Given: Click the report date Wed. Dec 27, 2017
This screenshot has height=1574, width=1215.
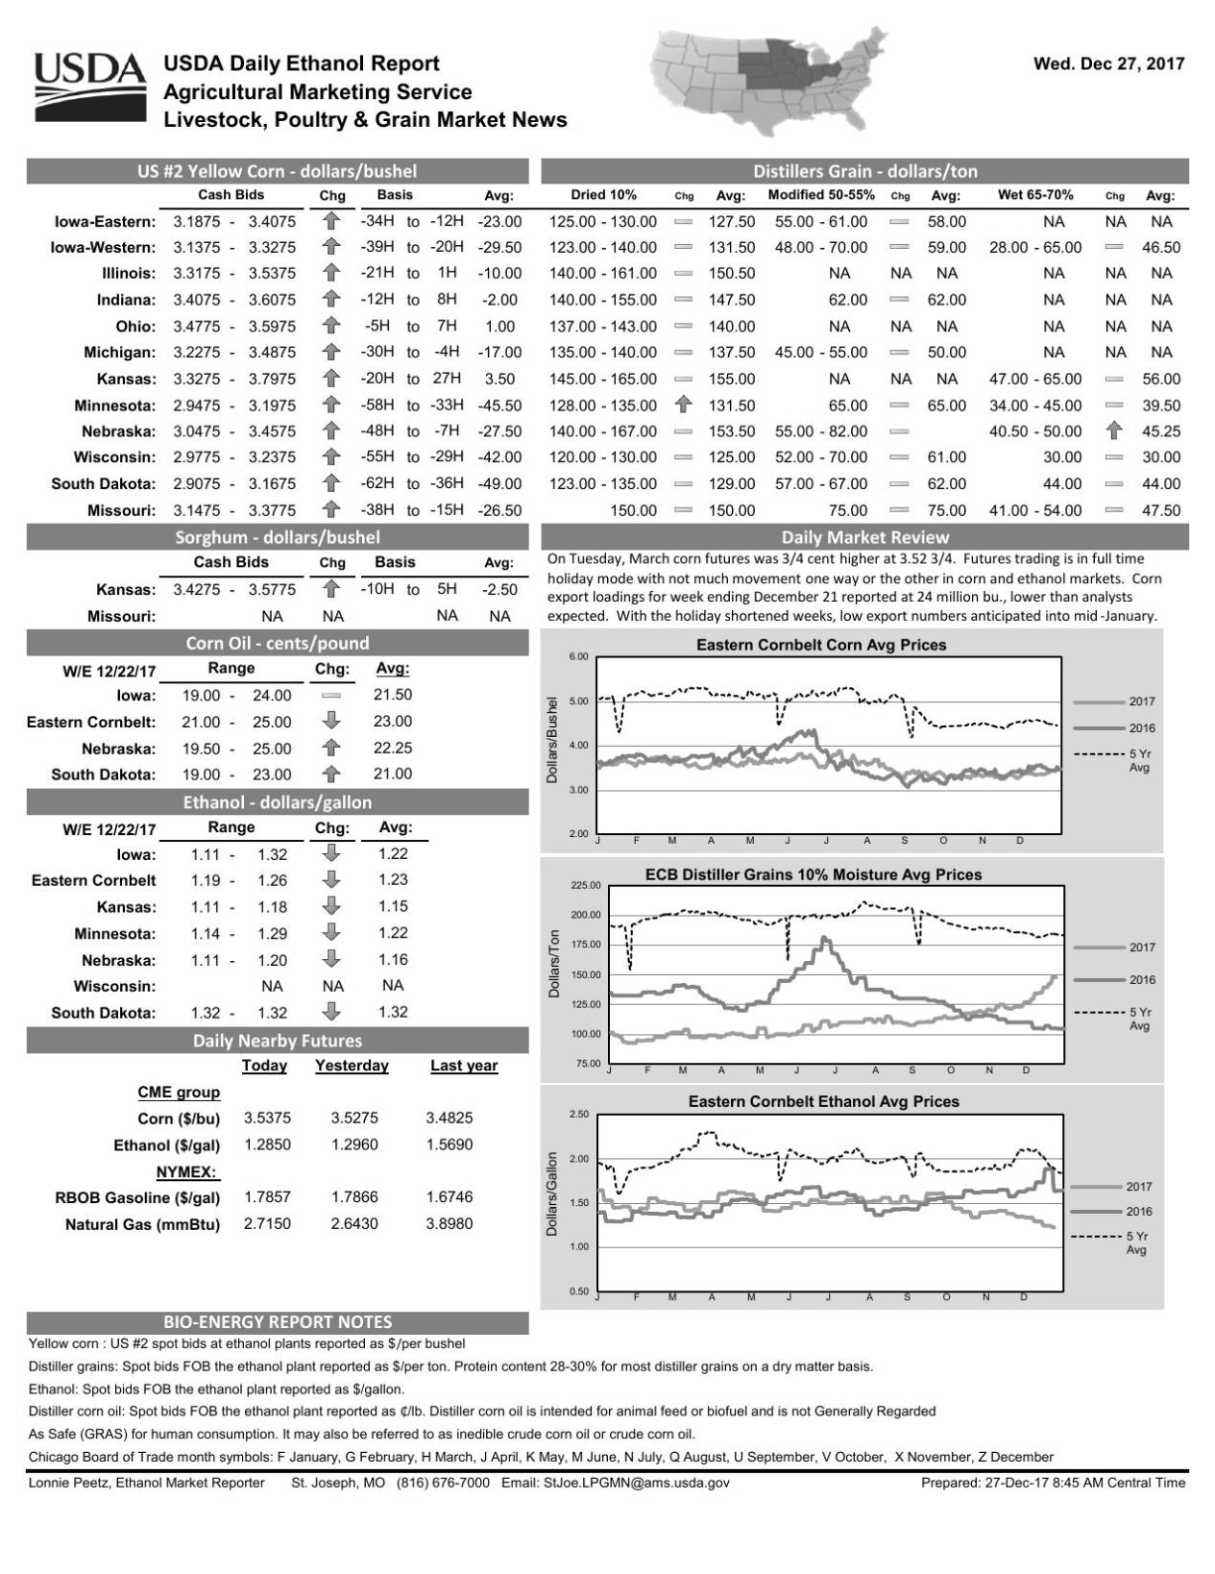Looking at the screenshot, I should coord(1107,64).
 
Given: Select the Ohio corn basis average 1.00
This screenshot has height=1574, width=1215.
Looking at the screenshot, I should coord(499,327).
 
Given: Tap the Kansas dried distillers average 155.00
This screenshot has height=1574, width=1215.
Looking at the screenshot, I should coord(731,380).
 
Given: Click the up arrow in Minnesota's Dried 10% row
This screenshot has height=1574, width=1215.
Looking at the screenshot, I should coord(684,406).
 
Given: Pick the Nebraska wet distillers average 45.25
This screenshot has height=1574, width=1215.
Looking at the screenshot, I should coord(1160,431).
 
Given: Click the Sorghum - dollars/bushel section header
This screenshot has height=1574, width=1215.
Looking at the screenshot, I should coord(278,537).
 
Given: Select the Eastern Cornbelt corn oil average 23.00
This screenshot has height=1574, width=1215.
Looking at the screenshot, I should coord(392,722).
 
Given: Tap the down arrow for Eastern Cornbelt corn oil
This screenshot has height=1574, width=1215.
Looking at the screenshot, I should coord(331,722).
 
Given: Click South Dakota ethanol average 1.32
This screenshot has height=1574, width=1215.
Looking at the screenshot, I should coord(392,1013).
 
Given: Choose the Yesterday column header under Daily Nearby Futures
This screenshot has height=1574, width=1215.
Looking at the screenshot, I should coord(352,1066).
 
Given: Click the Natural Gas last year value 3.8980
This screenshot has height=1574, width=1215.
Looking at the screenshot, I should coord(449,1224).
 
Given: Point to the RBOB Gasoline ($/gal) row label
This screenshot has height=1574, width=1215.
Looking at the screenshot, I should coord(137,1198).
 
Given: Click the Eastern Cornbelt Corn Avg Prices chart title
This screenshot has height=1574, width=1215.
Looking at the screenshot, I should coord(820,646).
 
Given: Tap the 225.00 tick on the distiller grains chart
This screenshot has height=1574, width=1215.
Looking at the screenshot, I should coord(584,885).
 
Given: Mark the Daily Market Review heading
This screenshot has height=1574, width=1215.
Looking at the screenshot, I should coord(864,537).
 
